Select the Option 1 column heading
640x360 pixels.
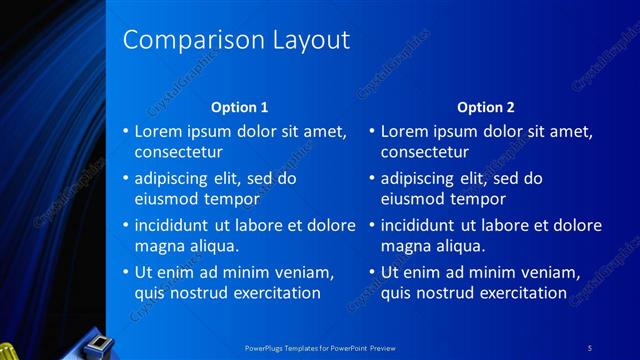coord(240,107)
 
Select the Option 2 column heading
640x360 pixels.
coord(486,107)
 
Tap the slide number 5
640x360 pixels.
coord(591,347)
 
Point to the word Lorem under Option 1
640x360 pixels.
coord(158,131)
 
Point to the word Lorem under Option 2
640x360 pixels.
coord(404,131)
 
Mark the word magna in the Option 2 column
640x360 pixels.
coord(404,246)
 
